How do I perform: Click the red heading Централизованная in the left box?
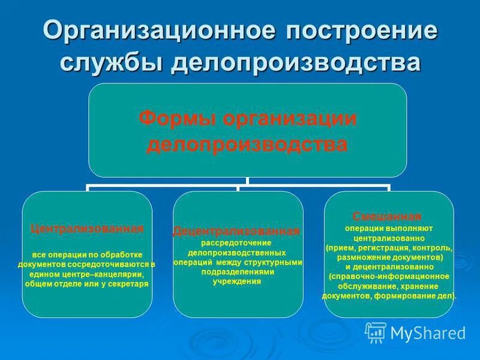pos(87,229)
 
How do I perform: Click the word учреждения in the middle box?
pos(236,281)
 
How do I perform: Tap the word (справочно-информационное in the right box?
pos(389,277)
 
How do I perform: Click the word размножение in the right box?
pos(360,257)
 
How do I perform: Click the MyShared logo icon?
pos(376,332)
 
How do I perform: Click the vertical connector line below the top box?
pos(248,181)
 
